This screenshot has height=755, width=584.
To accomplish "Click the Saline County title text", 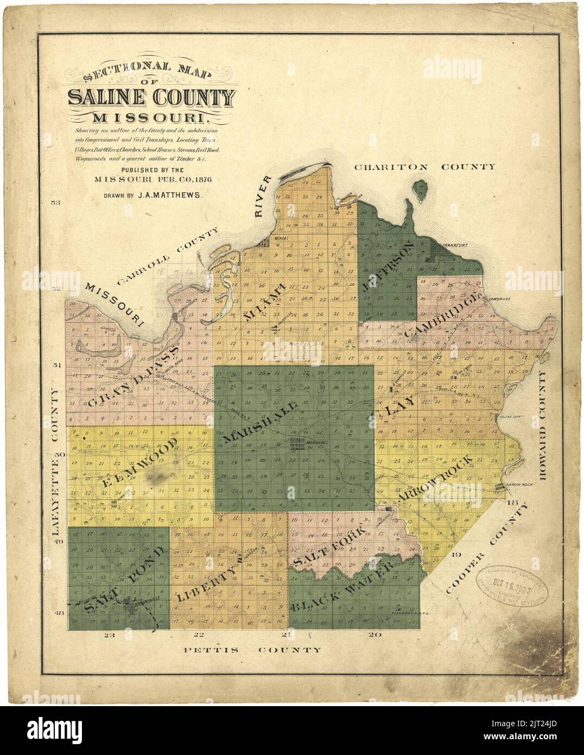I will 152,98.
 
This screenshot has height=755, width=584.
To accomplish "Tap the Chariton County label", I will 424,167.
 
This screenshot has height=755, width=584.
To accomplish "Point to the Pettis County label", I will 252,650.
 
